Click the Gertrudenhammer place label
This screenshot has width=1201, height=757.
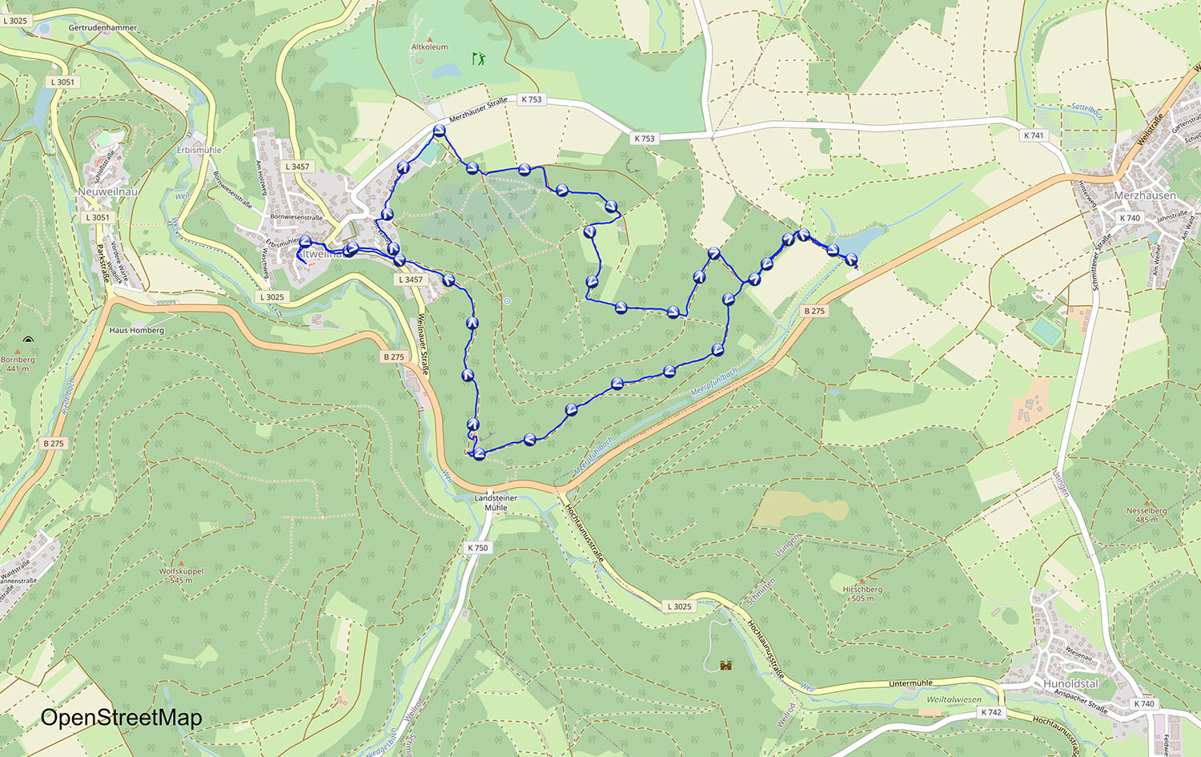(102, 28)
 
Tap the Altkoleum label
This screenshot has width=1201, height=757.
(430, 47)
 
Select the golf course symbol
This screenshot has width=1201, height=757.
(479, 58)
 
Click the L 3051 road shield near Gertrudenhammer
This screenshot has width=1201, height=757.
(62, 82)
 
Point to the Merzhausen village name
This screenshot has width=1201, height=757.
(1145, 195)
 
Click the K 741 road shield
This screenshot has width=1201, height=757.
(1034, 135)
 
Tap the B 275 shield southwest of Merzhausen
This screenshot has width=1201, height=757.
(814, 311)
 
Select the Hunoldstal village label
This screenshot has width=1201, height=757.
(1070, 683)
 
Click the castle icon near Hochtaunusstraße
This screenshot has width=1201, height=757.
(726, 665)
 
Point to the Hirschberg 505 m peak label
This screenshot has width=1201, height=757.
(862, 594)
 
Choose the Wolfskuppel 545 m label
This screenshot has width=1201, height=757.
(181, 575)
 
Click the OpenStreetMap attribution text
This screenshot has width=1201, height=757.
(121, 718)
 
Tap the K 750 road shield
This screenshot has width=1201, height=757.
(477, 548)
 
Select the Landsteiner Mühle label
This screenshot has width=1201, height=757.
(496, 502)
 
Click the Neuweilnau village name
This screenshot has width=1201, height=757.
(108, 192)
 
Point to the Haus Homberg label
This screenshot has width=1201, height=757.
(137, 330)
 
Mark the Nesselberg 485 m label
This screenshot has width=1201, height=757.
(1147, 514)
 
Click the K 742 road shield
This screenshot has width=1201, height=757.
(991, 712)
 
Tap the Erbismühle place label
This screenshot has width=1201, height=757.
(199, 150)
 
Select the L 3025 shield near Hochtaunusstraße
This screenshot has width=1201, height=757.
(679, 606)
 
